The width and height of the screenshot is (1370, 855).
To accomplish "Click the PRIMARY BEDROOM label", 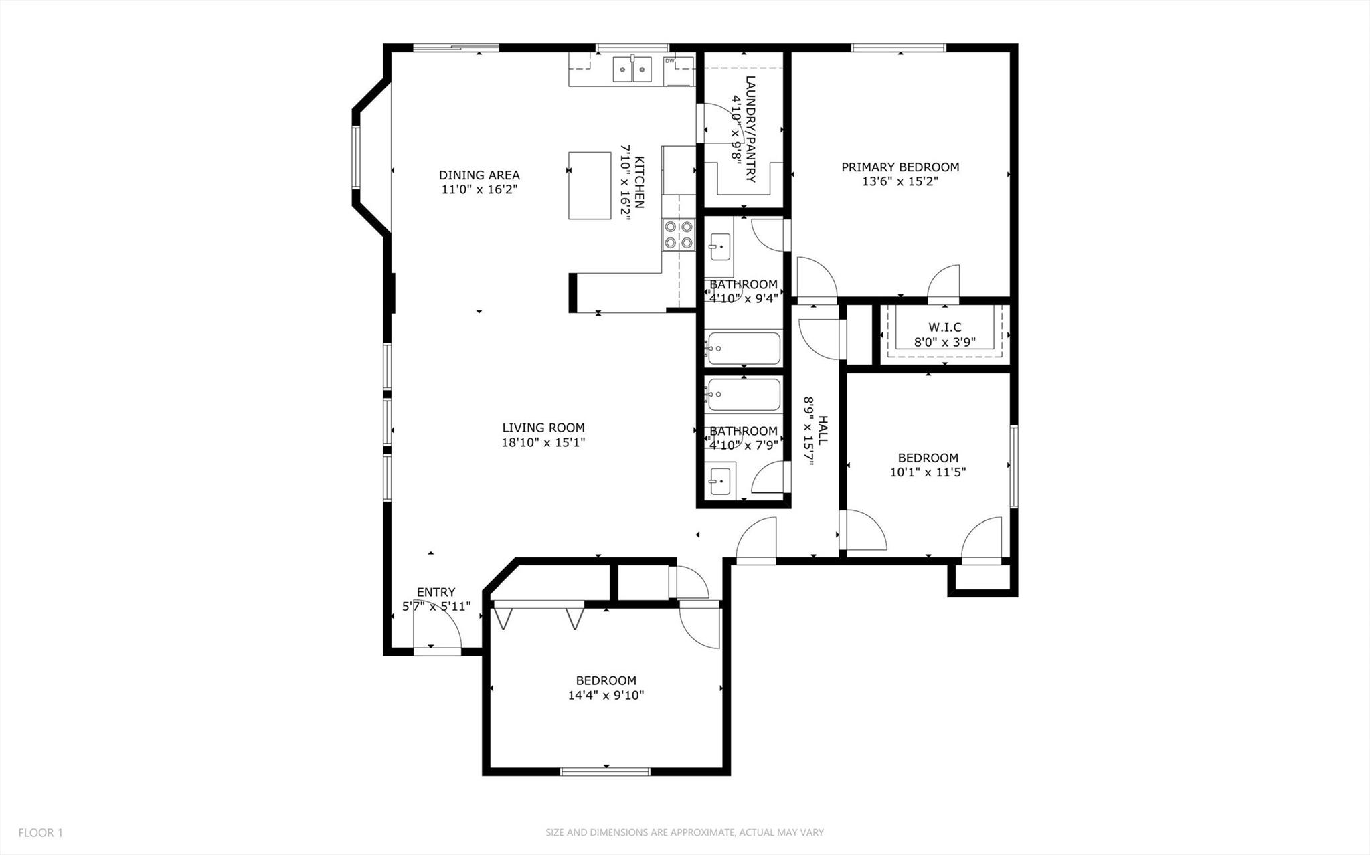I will click(x=900, y=167).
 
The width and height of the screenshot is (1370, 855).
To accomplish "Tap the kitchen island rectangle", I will click(x=590, y=185).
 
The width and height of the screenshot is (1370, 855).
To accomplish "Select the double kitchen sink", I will click(x=632, y=69).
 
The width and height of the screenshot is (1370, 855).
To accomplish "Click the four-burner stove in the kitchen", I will click(x=678, y=235).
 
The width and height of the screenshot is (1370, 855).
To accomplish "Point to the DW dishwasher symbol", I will click(x=670, y=62).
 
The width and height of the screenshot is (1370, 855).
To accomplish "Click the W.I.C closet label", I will click(x=944, y=327).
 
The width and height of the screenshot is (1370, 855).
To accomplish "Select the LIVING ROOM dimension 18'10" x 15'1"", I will click(x=543, y=442).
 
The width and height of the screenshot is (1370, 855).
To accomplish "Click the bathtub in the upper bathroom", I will click(x=744, y=348).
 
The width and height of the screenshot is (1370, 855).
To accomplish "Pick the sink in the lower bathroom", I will click(x=720, y=480).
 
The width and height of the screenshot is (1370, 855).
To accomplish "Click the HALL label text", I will click(x=823, y=430).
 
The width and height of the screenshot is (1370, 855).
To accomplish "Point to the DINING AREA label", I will click(x=479, y=175).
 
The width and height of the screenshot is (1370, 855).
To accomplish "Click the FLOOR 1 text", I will click(x=40, y=833).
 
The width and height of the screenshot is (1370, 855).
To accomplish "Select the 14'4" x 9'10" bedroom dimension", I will click(x=606, y=695).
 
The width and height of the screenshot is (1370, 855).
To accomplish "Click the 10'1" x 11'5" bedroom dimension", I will click(x=928, y=472).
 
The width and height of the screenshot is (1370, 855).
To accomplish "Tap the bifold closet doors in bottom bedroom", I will click(x=539, y=615).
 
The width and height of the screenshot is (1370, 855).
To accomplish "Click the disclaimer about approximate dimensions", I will click(x=684, y=833).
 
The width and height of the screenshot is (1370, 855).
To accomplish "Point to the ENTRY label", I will click(x=436, y=592).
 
